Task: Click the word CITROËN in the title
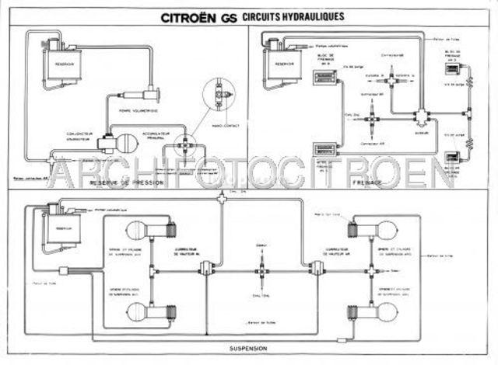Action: pyautogui.click(x=194, y=16)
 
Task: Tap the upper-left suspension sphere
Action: pyautogui.click(x=142, y=231)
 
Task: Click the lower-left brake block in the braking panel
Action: pyautogui.click(x=322, y=151)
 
